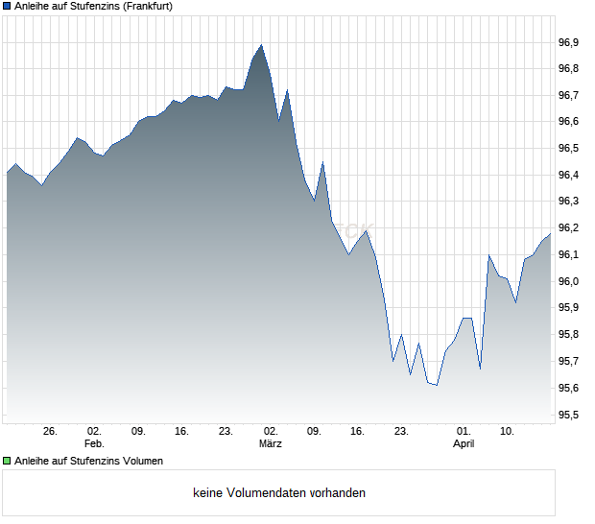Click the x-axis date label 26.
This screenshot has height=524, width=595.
click(x=51, y=432)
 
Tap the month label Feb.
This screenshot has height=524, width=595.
click(x=93, y=444)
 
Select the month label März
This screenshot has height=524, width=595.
click(x=270, y=444)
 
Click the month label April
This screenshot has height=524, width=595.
click(x=464, y=444)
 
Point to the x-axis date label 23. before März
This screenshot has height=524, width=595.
click(x=226, y=432)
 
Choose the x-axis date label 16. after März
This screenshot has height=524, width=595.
click(x=358, y=432)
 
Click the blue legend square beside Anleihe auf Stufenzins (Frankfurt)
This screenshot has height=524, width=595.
click(x=7, y=6)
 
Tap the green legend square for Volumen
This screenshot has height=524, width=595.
click(x=7, y=461)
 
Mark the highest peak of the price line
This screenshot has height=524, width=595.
click(x=261, y=44)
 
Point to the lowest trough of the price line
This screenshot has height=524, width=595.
click(x=437, y=385)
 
